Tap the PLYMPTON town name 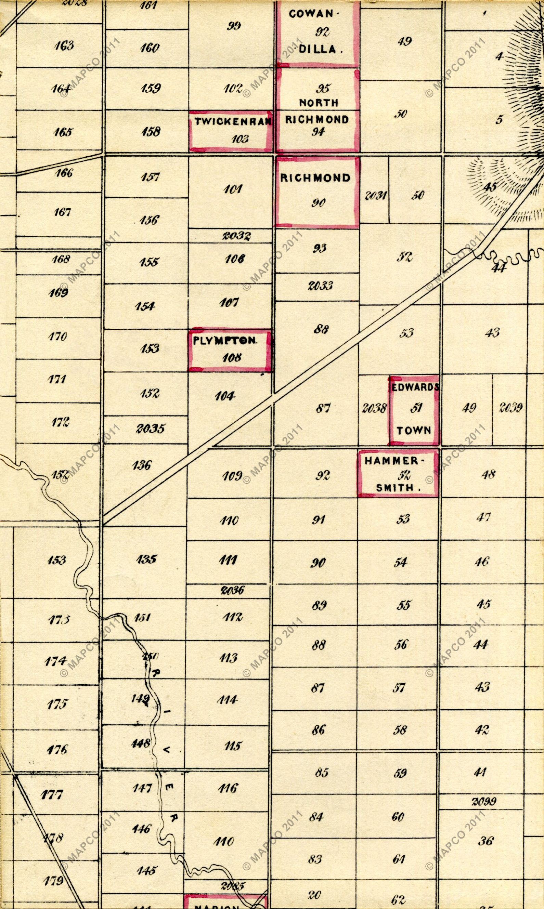[x=225, y=341]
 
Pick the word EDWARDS [x=415, y=387]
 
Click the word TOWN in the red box [x=414, y=431]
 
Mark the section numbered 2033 [x=320, y=286]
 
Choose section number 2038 [x=374, y=408]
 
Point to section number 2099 [x=484, y=801]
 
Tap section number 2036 [x=232, y=590]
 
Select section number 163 [x=64, y=46]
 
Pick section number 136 [x=142, y=465]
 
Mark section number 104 [x=224, y=396]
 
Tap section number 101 [x=232, y=189]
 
